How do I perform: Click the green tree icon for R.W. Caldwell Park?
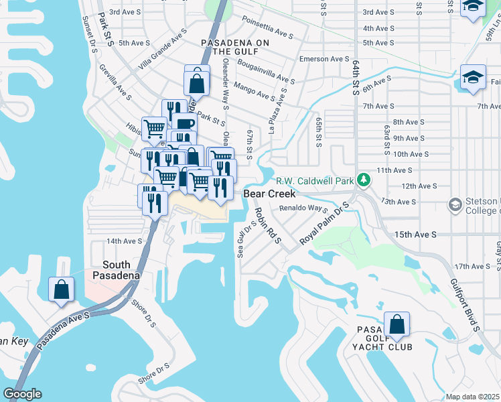(x=363, y=180)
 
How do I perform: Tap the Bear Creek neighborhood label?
(x=269, y=193)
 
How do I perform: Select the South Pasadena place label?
(x=112, y=270)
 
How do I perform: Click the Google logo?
(x=22, y=393)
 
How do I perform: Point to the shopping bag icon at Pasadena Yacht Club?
(x=397, y=325)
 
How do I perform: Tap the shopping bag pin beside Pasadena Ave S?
(x=61, y=289)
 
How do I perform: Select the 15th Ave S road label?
(x=415, y=234)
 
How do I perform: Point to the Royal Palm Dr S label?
(x=325, y=223)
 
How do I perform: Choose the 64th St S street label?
(x=355, y=75)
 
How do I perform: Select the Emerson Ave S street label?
(x=324, y=59)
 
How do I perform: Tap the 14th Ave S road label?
(x=124, y=241)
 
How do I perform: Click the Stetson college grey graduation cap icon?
(x=455, y=203)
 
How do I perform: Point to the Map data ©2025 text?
(x=472, y=397)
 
